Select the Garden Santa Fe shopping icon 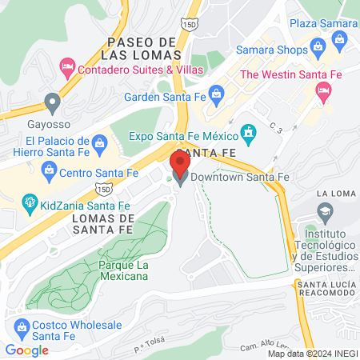click(214, 92)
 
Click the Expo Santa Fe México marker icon click(249, 130)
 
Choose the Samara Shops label click(271, 51)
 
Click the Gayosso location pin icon click(53, 102)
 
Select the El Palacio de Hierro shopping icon click(98, 145)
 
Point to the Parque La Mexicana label click(124, 270)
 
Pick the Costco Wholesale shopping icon click(21, 326)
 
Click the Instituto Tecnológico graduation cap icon click(323, 213)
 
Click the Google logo click(26, 350)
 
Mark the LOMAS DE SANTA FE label click(101, 223)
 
